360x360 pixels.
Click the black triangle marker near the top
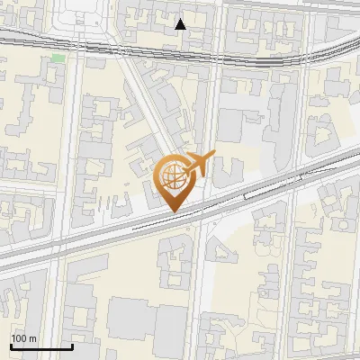[181, 24]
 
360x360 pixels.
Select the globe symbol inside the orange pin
[173, 175]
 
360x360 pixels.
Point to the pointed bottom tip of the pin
[174, 211]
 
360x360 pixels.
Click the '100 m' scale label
[24, 338]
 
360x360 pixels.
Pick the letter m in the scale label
[32, 338]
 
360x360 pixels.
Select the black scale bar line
[41, 346]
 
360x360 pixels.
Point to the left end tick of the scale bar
[11, 345]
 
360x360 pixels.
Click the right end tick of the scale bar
[72, 345]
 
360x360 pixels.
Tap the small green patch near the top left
[58, 58]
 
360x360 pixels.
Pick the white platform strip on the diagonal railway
[261, 190]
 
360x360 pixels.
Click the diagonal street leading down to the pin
[144, 108]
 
